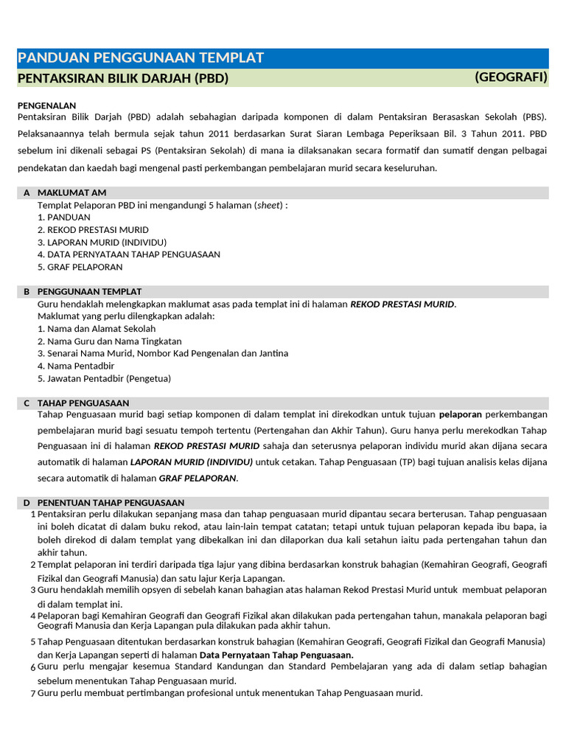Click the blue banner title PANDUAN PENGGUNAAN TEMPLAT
point(140,58)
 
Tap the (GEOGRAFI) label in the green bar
point(511,77)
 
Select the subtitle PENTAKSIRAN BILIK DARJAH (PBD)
point(122,78)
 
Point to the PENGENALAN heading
point(46,105)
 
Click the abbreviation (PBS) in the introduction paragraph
point(534,117)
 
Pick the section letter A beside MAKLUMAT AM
point(27,192)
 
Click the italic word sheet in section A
point(268,205)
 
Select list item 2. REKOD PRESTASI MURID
point(93,230)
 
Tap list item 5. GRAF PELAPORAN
point(80,267)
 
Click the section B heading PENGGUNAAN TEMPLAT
point(89,292)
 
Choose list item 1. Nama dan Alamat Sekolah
point(97,329)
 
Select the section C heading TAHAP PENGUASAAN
point(83,403)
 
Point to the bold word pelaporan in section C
point(461,414)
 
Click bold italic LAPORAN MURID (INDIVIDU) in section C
point(192,462)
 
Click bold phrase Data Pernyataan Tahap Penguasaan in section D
point(276,655)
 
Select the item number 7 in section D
point(33,694)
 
